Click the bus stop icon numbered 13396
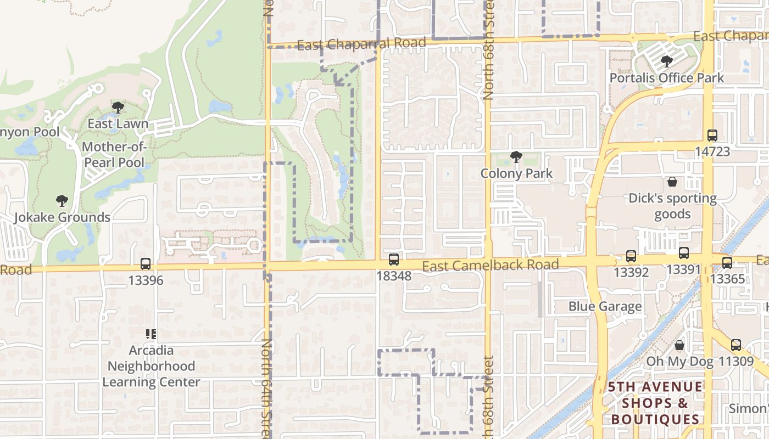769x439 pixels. click(x=146, y=264)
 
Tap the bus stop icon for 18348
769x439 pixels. click(x=394, y=260)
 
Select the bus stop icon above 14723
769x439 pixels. click(x=712, y=135)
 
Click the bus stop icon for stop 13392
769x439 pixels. click(x=631, y=256)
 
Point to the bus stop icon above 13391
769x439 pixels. click(x=683, y=253)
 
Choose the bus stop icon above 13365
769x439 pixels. click(x=727, y=263)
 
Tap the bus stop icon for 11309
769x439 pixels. click(x=736, y=345)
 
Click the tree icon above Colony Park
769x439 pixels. click(x=516, y=157)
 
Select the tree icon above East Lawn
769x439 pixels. click(x=118, y=108)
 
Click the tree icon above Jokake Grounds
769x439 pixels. click(x=62, y=201)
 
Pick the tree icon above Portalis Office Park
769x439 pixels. click(x=667, y=61)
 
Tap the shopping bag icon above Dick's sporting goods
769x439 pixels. click(x=672, y=182)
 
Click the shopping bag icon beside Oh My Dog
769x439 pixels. click(x=679, y=345)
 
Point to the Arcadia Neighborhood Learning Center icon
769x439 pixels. click(x=151, y=334)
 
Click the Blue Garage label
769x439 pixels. click(x=605, y=306)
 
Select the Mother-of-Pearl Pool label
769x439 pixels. click(x=114, y=155)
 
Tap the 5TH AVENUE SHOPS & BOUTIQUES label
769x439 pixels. click(x=655, y=403)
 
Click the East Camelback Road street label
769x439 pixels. click(x=490, y=266)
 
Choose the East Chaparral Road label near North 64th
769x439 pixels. click(x=361, y=44)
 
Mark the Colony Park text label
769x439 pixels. click(x=516, y=173)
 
